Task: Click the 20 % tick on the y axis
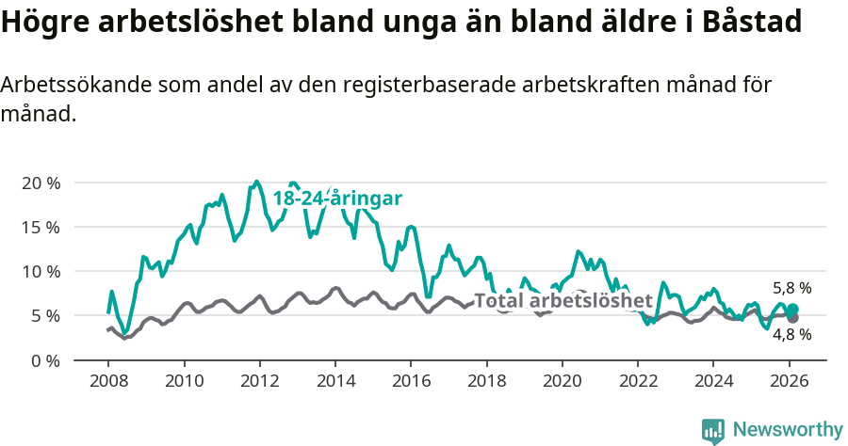tap(41, 183)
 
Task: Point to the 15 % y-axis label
tap(41, 227)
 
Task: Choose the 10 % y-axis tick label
tap(41, 271)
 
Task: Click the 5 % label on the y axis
tap(45, 315)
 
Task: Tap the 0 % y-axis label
tap(45, 359)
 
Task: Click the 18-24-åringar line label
tap(337, 199)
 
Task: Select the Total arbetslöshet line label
tap(563, 301)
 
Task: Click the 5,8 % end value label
tap(791, 289)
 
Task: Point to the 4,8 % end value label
tap(791, 334)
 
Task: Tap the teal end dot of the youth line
tap(792, 310)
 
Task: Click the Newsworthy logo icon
tap(713, 430)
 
